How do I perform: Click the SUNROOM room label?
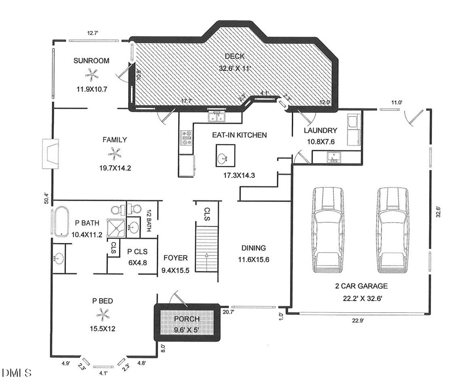pos(91,61)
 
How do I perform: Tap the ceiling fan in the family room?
pos(114,152)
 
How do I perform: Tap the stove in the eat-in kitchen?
pos(186,138)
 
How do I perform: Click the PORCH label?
pos(186,319)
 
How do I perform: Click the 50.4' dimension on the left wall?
pos(46,197)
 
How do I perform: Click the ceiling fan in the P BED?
pos(102,314)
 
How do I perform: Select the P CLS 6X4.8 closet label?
pos(137,256)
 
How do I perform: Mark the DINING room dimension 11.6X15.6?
pos(253,259)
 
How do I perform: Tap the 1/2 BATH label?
pos(149,221)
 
